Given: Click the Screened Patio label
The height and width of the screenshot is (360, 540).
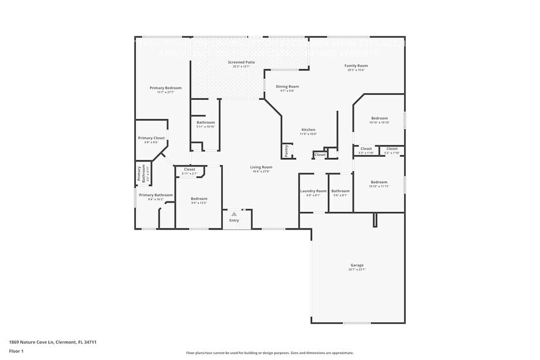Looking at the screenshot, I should click(x=241, y=62).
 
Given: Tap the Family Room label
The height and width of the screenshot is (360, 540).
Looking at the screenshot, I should click(x=356, y=66).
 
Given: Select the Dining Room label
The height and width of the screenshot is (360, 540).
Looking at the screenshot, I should click(x=287, y=87).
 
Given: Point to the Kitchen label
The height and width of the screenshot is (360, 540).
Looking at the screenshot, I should click(x=308, y=130).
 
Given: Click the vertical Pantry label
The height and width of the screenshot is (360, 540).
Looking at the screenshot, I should click(x=286, y=150).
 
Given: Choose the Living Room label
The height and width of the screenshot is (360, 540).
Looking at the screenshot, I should click(x=261, y=167).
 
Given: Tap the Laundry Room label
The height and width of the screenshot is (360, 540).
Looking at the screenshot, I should click(x=313, y=191).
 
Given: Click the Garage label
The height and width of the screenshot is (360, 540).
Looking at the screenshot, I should click(x=357, y=265).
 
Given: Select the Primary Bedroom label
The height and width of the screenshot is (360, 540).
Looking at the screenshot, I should click(x=165, y=88).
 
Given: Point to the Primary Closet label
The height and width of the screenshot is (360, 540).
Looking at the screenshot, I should click(x=151, y=138).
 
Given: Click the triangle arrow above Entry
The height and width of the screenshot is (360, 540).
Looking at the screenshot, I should click(x=234, y=214).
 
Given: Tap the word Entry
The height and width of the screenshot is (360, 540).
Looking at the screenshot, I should click(x=234, y=220).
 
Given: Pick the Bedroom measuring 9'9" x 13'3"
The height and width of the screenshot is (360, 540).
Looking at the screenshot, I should click(x=198, y=198).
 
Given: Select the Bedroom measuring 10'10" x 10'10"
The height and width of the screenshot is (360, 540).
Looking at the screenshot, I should click(x=379, y=118).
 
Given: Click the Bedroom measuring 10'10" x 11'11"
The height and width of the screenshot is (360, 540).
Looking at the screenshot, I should click(x=379, y=182).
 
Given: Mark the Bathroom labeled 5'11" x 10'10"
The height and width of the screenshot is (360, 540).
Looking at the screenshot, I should click(x=206, y=122).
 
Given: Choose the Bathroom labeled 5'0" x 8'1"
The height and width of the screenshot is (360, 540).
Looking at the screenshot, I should click(x=340, y=191).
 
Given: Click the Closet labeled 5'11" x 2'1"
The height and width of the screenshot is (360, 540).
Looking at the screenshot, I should click(x=189, y=170).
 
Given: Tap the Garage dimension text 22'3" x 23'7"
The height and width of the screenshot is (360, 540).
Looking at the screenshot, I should click(x=357, y=270).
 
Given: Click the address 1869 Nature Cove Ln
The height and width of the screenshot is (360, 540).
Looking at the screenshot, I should click(x=36, y=342).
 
